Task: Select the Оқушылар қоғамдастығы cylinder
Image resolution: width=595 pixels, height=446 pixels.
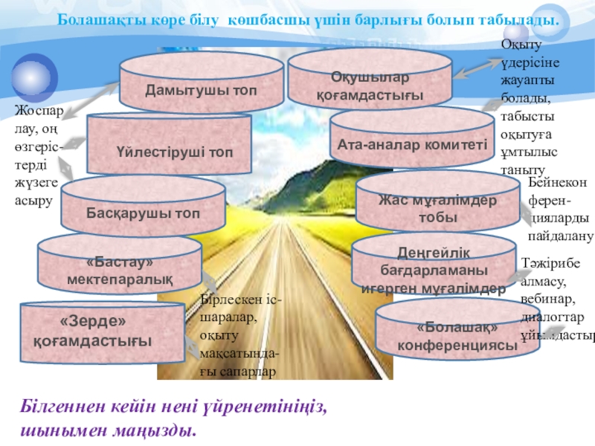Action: (370, 85)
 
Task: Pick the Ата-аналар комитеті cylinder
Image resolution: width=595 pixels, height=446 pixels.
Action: (411, 143)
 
